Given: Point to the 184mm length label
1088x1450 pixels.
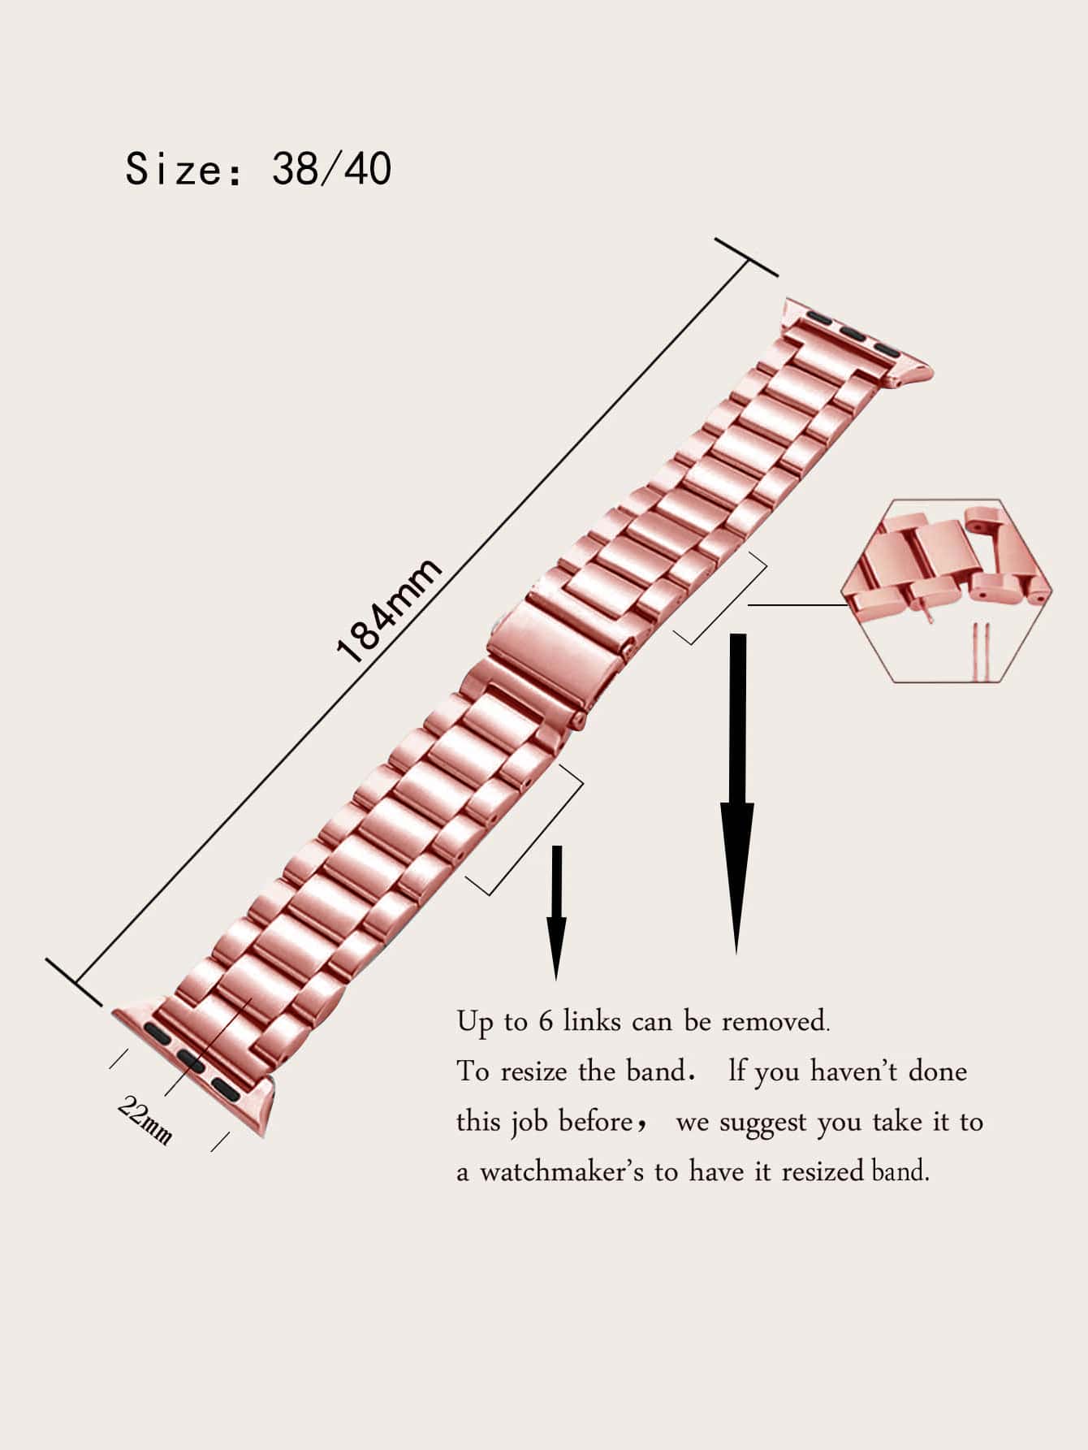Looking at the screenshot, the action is point(389,610).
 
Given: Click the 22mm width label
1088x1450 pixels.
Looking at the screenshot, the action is point(144,1119).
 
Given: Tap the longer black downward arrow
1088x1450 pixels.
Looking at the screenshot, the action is point(737,793).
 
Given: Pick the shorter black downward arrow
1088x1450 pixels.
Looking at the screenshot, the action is point(556,912).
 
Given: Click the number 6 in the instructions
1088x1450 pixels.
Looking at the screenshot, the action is point(546,1021).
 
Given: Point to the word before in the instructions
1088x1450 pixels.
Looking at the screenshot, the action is point(598,1122).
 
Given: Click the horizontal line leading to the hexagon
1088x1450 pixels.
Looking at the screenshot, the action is point(797,604).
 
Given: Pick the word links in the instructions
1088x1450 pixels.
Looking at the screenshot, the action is point(592,1021).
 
